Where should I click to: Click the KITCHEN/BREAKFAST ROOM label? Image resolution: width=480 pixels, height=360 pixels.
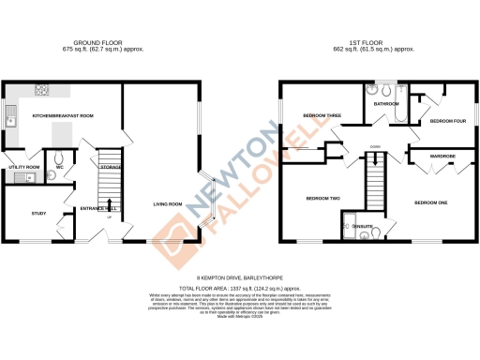coord(63,115)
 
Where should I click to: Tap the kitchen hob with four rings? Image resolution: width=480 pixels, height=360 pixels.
coord(42,91)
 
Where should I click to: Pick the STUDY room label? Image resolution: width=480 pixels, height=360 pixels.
coord(25,214)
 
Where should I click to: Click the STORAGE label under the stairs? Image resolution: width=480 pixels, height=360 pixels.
coord(112,168)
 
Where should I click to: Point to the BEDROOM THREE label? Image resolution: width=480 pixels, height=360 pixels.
coord(321,115)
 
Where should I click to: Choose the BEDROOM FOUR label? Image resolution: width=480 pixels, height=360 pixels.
coord(447,121)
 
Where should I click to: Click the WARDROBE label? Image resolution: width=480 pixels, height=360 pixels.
coord(442,156)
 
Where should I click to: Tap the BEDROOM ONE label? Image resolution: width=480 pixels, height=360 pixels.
coord(431,202)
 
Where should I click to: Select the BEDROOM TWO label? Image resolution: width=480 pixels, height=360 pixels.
coord(321,198)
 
